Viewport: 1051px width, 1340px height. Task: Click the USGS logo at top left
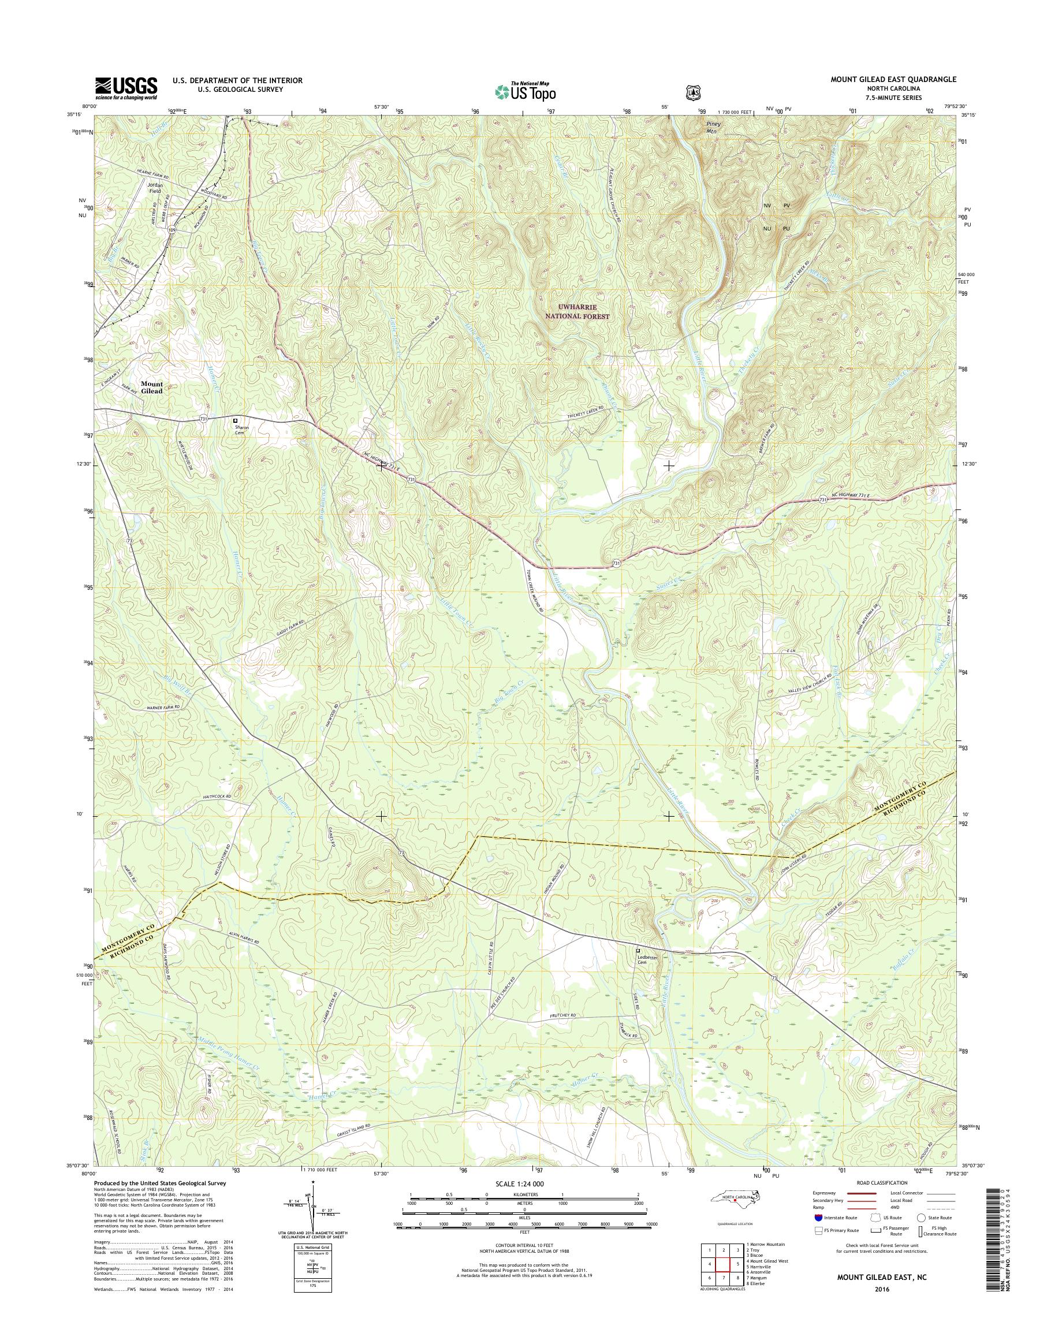point(126,88)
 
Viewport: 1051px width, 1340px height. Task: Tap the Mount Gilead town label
point(151,387)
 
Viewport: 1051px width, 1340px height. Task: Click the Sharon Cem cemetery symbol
point(235,421)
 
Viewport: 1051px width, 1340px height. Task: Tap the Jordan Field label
point(154,188)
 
